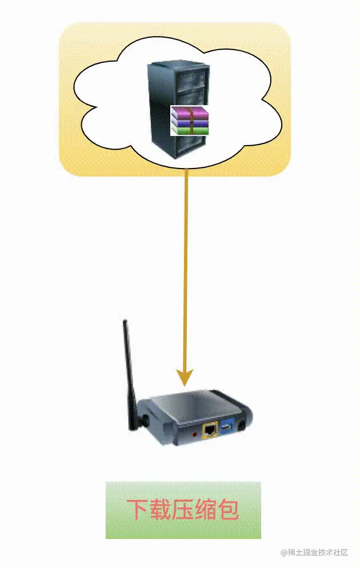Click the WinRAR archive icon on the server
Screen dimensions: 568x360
click(190, 121)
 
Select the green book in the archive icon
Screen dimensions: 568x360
click(190, 130)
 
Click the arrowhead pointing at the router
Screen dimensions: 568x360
click(185, 377)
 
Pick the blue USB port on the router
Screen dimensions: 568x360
click(227, 427)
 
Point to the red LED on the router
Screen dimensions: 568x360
click(195, 434)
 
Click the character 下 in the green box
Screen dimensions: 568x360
click(138, 510)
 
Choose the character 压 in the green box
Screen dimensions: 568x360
click(183, 510)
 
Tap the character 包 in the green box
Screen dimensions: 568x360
click(228, 510)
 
